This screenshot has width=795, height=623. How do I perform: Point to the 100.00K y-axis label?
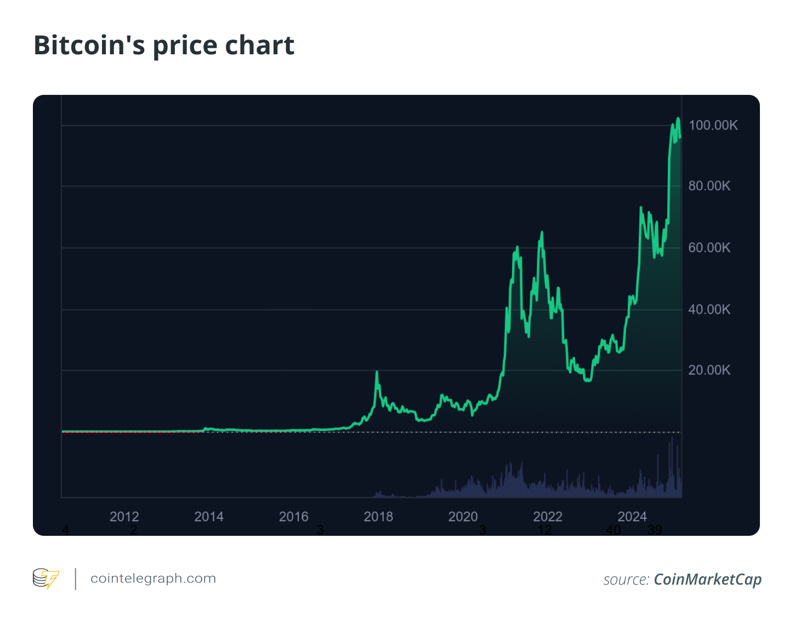[713, 126]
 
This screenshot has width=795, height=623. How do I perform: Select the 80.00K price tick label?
[709, 186]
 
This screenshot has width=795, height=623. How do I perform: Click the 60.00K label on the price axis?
[709, 248]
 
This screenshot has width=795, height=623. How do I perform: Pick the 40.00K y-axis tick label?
[709, 310]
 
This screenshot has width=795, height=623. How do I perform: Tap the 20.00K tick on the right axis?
[709, 370]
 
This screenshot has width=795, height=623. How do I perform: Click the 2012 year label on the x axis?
[124, 517]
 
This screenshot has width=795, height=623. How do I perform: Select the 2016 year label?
[294, 517]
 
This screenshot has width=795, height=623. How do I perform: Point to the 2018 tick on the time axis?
[378, 517]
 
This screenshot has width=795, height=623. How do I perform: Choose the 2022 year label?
[548, 517]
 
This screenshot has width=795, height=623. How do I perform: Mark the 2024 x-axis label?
[632, 517]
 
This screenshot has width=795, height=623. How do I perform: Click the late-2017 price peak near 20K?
[377, 372]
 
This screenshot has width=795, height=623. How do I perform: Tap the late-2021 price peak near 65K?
[542, 233]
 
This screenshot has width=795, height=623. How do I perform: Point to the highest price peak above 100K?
[678, 118]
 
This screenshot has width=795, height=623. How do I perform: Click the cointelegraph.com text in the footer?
[153, 579]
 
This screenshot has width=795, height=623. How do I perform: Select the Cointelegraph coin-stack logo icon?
[46, 579]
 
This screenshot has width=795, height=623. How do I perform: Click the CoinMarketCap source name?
[707, 580]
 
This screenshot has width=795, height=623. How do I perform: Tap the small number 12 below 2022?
[544, 530]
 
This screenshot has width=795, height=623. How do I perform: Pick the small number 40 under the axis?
[614, 530]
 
